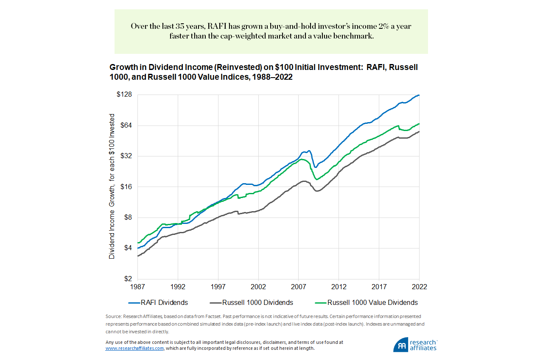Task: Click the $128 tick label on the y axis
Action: (x=124, y=95)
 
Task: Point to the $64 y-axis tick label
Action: (x=126, y=125)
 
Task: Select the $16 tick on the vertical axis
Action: (x=126, y=187)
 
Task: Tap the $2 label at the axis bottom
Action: (x=128, y=279)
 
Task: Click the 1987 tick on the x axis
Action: (x=138, y=287)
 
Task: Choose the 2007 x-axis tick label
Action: (x=298, y=287)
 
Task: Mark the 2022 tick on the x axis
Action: (x=419, y=287)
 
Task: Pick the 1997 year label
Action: (x=218, y=287)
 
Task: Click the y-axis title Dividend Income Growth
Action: (x=112, y=187)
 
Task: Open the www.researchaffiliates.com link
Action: (x=134, y=348)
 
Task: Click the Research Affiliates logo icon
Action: (x=400, y=344)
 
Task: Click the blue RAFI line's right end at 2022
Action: (x=419, y=95)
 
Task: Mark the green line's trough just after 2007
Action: (x=316, y=179)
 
